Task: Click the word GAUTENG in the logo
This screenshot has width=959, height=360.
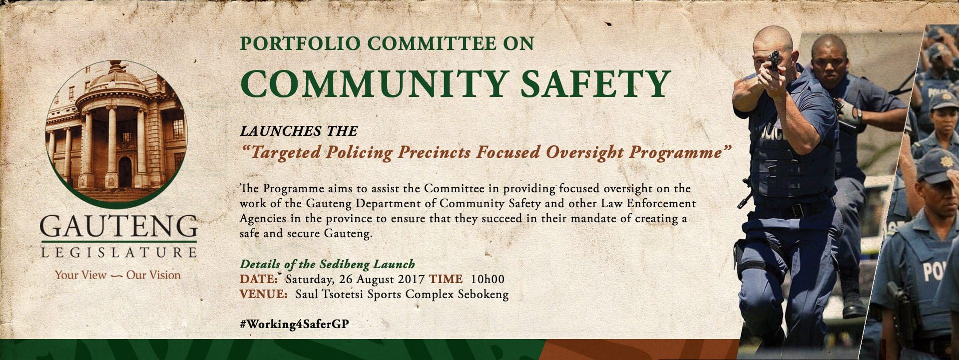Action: [x=118, y=227]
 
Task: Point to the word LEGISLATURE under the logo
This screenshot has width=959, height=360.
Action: [x=118, y=252]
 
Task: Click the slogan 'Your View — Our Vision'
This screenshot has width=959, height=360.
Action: [x=118, y=275]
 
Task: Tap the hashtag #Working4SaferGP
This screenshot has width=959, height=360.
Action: [x=294, y=324]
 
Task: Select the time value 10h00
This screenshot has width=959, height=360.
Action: [x=487, y=279]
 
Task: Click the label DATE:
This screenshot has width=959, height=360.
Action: [x=259, y=279]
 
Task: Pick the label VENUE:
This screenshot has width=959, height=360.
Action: [x=263, y=294]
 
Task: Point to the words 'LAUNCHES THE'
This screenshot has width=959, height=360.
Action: [x=299, y=131]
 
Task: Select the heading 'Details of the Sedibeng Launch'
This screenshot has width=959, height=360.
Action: [x=327, y=264]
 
